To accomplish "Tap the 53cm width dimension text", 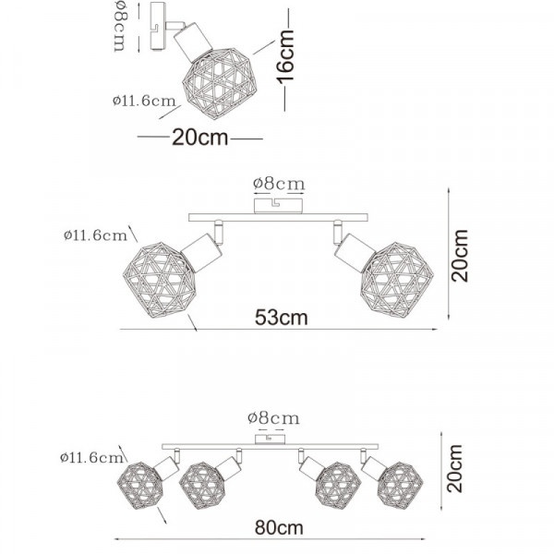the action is click(282, 318).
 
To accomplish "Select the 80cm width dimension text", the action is click(279, 528).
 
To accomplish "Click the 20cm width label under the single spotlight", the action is click(200, 137).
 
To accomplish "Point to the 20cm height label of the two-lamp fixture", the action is click(459, 256).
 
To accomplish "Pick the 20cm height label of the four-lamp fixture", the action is click(454, 468).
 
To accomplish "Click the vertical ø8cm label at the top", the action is click(120, 26).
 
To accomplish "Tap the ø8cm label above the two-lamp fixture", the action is click(279, 184).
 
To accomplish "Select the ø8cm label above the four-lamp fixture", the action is click(273, 418).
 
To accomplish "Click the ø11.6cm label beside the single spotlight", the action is click(144, 101).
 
